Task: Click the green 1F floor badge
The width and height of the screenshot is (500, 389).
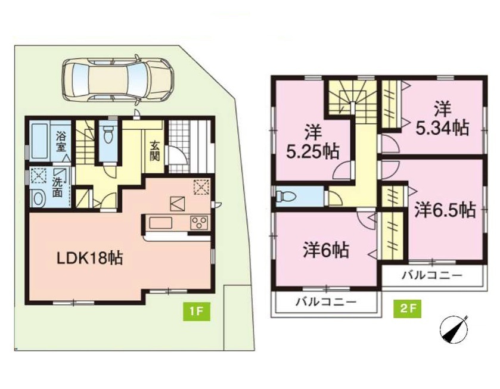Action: click(197, 310)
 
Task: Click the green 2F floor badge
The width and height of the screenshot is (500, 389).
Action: click(408, 309)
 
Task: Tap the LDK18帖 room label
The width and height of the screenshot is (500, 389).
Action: click(89, 257)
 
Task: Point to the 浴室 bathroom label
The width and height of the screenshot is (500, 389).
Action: click(61, 142)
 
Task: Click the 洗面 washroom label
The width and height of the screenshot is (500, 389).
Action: click(57, 187)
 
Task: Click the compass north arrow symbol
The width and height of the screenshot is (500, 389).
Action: click(454, 330)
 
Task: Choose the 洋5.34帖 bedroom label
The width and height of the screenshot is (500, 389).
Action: click(442, 119)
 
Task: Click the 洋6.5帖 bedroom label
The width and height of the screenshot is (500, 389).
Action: click(445, 210)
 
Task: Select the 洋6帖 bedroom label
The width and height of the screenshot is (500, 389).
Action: click(326, 250)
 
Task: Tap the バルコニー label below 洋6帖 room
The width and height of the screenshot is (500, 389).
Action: click(325, 301)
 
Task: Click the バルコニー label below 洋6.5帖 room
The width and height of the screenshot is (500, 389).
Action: click(431, 275)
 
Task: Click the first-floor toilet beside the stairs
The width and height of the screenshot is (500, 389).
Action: click(107, 135)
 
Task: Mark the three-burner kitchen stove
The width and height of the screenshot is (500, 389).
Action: click(199, 222)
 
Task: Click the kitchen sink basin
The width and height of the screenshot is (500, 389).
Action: click(161, 222)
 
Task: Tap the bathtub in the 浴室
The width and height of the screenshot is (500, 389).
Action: click(40, 141)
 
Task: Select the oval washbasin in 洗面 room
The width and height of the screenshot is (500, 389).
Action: click(39, 199)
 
